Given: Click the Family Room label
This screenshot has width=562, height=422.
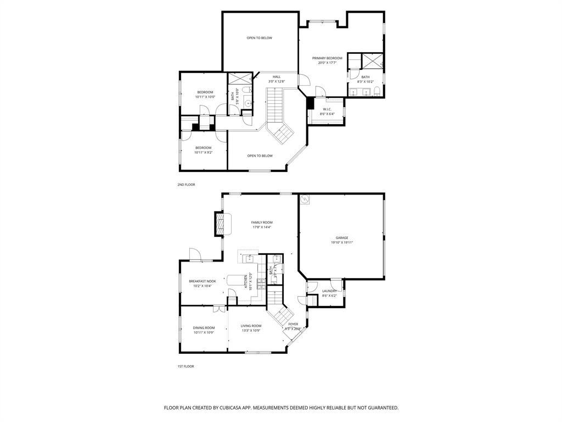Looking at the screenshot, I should click(x=262, y=223).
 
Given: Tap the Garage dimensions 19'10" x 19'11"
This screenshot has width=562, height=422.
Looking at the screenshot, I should click(x=342, y=242).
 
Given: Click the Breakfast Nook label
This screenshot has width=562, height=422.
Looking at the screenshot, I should click(x=202, y=281).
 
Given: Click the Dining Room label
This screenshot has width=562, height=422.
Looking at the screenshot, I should click(x=204, y=327).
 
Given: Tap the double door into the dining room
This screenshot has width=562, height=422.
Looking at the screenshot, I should click(x=220, y=308).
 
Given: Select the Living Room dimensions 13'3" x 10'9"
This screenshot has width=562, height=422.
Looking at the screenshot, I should click(x=251, y=331).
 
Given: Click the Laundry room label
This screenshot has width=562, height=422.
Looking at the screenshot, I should click(x=329, y=291).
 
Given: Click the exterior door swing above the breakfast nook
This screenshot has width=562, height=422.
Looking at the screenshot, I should click(x=195, y=254).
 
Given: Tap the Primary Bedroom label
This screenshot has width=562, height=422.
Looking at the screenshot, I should click(x=327, y=58).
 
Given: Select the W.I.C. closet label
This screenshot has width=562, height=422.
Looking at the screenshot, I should click(x=327, y=109).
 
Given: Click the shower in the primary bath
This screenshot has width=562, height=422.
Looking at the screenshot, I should click(x=372, y=60).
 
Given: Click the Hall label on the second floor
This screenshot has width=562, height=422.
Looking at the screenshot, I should click(x=277, y=76).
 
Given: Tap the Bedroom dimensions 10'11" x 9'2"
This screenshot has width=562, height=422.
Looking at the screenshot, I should click(x=203, y=152).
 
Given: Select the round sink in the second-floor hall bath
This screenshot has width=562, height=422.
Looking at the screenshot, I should click(x=248, y=102).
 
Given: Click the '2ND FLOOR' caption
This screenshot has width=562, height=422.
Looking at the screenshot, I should click(x=186, y=185).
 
